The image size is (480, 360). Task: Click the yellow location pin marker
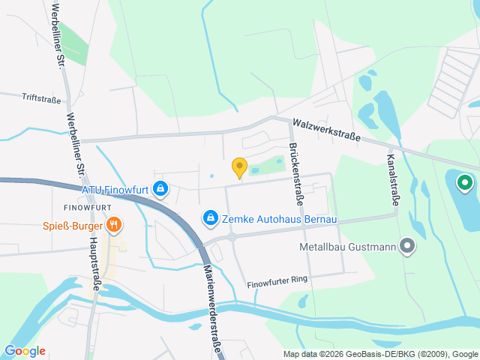[239, 167]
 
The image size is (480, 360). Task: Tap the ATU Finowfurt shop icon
[160, 187]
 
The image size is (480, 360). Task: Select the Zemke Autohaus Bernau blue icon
[211, 217]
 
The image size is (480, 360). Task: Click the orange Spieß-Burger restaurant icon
[114, 223]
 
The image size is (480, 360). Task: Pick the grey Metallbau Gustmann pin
[407, 245]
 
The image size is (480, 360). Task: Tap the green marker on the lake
[464, 181]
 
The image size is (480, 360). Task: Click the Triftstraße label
[41, 97]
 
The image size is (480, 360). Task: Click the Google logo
[25, 351]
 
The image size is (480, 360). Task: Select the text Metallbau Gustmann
[346, 246]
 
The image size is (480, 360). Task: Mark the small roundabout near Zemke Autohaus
[232, 237]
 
